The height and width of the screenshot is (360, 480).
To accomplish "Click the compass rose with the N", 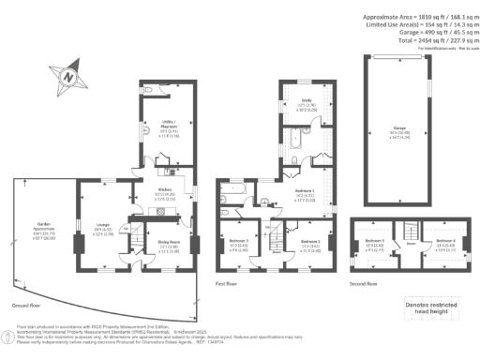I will coord(69,75).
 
